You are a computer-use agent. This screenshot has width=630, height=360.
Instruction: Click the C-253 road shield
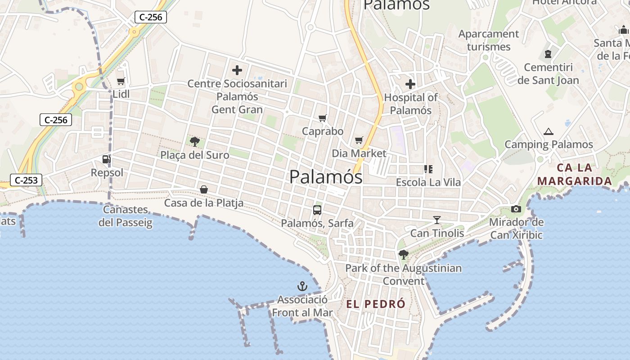click(x=26, y=180)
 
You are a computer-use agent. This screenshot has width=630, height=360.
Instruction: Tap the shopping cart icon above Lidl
click(x=121, y=81)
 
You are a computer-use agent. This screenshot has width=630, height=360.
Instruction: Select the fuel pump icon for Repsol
click(x=106, y=159)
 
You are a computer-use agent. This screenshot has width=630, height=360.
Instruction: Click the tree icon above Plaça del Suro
click(x=195, y=142)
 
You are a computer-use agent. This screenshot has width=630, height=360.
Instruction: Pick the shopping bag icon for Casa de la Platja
click(x=204, y=189)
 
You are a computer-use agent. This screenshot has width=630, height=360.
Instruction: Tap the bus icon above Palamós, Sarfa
click(x=317, y=210)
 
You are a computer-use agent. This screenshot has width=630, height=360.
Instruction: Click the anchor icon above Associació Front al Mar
click(x=302, y=286)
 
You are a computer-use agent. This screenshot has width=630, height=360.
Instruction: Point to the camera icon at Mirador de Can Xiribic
click(x=516, y=209)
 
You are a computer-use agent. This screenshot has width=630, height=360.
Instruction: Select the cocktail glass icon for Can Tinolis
click(x=437, y=220)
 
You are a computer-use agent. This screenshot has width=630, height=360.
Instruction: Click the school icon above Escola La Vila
click(x=428, y=169)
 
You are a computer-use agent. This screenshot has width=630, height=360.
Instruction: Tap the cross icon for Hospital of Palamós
click(x=410, y=84)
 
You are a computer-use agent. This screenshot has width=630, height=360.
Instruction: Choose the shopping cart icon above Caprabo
click(x=322, y=118)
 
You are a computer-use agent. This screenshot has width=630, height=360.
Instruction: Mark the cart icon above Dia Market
click(x=359, y=140)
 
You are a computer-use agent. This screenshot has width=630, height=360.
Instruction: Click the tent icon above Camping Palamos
click(x=548, y=131)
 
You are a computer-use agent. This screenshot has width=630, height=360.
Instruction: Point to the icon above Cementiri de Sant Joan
click(x=548, y=54)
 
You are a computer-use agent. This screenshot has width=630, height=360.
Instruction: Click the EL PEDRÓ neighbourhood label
click(x=376, y=304)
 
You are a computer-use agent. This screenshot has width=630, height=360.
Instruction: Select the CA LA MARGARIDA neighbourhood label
click(x=575, y=175)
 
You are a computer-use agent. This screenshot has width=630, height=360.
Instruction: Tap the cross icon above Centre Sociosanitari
click(x=237, y=70)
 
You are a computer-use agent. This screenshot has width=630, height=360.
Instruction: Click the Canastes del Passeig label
click(x=126, y=216)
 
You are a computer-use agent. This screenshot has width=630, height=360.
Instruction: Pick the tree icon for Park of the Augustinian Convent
click(x=404, y=255)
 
